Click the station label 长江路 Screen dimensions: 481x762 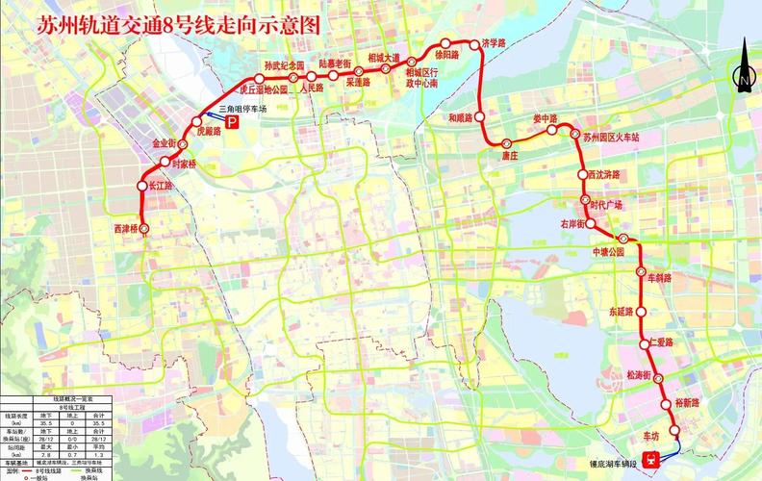point(154,185)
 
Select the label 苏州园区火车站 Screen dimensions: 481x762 point(611,138)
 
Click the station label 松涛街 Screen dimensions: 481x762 point(640,374)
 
